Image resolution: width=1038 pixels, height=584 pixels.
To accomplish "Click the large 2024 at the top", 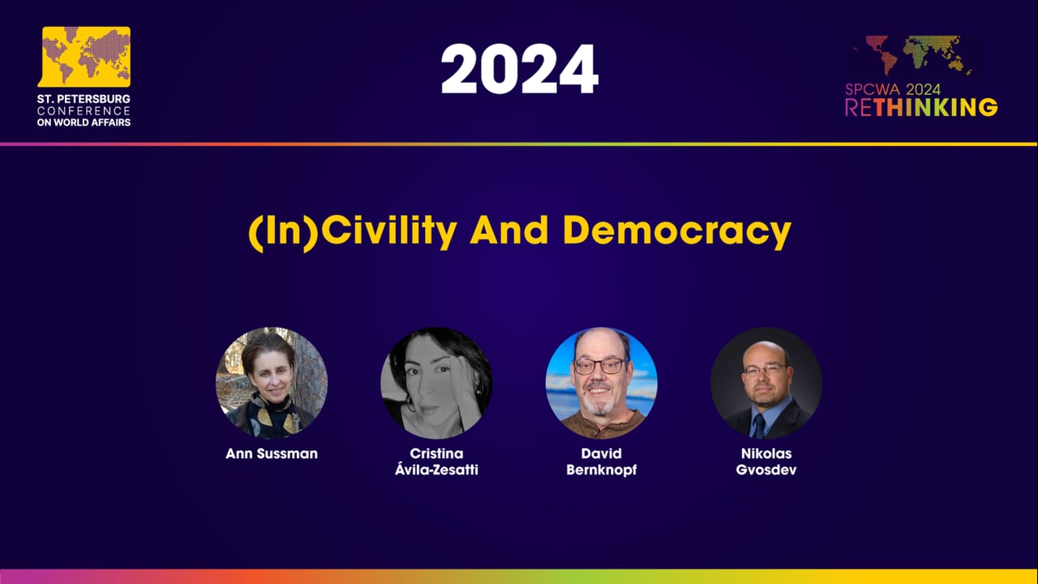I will pyautogui.click(x=519, y=70).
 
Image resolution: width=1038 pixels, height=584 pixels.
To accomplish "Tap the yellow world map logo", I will pyautogui.click(x=85, y=56).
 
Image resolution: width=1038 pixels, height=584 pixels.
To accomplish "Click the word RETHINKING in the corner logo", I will pyautogui.click(x=921, y=108).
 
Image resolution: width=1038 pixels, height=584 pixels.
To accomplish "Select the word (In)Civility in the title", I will pyautogui.click(x=352, y=233).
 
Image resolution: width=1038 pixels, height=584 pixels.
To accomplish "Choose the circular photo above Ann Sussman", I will pyautogui.click(x=272, y=383).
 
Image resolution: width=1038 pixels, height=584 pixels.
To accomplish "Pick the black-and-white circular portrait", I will pyautogui.click(x=436, y=383).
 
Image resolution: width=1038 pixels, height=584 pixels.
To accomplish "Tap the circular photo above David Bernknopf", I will pyautogui.click(x=601, y=383).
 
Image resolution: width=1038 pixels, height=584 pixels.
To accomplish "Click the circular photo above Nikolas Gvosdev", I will pyautogui.click(x=766, y=383).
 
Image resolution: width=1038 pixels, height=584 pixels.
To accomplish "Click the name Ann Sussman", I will pyautogui.click(x=272, y=454).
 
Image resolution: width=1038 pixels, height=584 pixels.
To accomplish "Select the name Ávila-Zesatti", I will pyautogui.click(x=436, y=470).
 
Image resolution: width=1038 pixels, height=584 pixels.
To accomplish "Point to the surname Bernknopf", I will pyautogui.click(x=601, y=470).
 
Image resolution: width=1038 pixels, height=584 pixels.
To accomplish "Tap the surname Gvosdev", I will pyautogui.click(x=766, y=470).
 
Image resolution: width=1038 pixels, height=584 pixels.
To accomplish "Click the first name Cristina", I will pyautogui.click(x=436, y=454).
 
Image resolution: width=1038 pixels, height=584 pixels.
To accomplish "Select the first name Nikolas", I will pyautogui.click(x=766, y=454).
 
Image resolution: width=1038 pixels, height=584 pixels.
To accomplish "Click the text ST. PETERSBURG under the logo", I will pyautogui.click(x=84, y=99).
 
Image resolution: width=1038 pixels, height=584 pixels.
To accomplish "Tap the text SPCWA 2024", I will pyautogui.click(x=893, y=90).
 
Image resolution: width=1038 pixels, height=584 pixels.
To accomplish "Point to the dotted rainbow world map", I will pyautogui.click(x=912, y=55).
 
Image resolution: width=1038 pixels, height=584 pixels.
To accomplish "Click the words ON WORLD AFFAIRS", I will pyautogui.click(x=84, y=122).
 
